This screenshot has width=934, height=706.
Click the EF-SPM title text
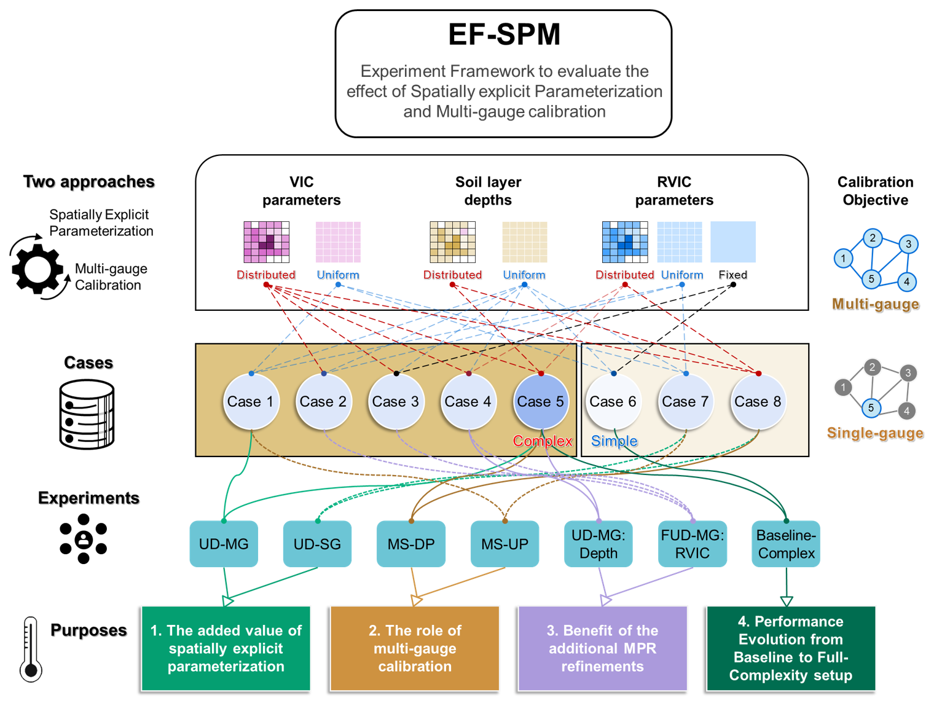(504, 34)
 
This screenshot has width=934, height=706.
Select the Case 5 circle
(541, 402)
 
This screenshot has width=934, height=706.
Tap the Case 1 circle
(251, 402)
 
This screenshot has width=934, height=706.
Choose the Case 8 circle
(758, 402)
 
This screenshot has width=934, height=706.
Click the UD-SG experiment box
(317, 544)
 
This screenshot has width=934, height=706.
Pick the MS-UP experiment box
(504, 544)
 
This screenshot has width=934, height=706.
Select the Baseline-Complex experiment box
(786, 544)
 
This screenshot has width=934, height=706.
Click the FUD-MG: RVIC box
(693, 544)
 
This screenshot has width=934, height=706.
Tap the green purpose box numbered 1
(226, 648)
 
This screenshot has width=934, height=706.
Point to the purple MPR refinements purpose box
(602, 648)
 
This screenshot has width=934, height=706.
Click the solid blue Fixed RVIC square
(733, 242)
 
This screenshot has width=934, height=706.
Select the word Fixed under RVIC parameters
(733, 275)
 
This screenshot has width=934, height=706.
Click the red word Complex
(543, 441)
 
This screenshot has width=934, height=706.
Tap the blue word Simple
(614, 441)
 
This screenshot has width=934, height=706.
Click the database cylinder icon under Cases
(87, 414)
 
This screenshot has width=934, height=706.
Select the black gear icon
(37, 269)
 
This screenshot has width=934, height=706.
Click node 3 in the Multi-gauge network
(908, 244)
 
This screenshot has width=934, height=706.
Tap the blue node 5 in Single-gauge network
(871, 407)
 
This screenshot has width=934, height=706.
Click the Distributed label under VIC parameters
(266, 275)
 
